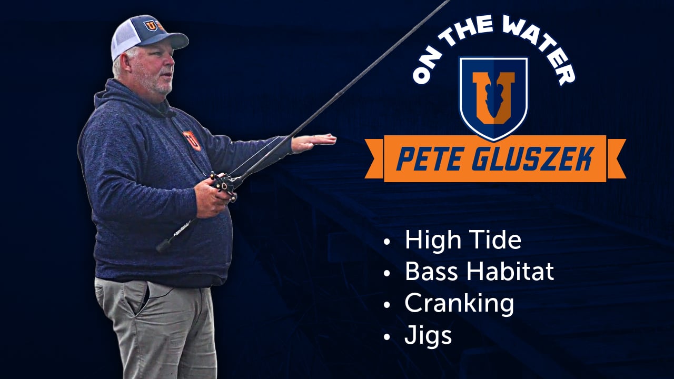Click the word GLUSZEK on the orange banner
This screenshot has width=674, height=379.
[x=532, y=158]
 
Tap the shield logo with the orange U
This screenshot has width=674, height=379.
[x=493, y=97]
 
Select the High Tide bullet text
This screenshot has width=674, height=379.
[x=463, y=240]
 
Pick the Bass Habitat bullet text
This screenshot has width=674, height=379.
[x=479, y=272]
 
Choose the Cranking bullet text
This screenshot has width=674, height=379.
[x=459, y=304]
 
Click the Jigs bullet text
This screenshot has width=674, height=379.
[x=428, y=335]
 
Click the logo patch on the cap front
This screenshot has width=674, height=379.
[x=154, y=25]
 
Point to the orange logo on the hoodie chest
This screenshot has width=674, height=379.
[x=192, y=140]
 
